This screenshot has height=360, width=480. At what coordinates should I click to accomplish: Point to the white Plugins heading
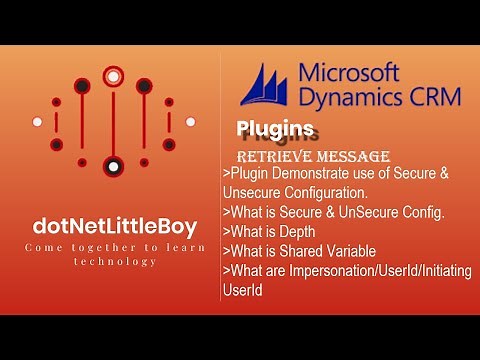[x=276, y=129]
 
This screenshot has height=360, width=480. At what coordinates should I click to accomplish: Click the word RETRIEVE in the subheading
[x=271, y=157]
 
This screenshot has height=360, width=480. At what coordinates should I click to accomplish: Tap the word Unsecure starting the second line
[x=254, y=192]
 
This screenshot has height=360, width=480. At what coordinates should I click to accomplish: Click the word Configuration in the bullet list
[x=337, y=192]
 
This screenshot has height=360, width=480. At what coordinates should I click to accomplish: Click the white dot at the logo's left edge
[x=37, y=122]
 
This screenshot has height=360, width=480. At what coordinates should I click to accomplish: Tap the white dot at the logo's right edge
[x=189, y=122]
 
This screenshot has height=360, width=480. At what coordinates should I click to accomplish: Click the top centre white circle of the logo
[x=113, y=74]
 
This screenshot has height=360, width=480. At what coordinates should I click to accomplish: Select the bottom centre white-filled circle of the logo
[x=113, y=165]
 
